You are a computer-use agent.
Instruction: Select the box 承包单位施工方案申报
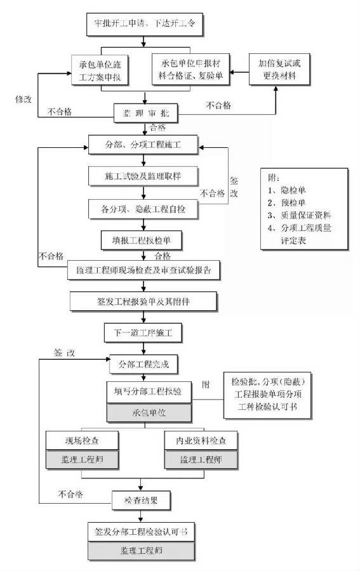pos(103,70)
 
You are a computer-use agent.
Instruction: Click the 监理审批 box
pos(144,112)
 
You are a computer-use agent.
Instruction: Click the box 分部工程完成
pos(144,365)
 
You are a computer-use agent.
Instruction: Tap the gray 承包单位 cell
pos(148,413)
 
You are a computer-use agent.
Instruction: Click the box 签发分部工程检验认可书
pos(142,531)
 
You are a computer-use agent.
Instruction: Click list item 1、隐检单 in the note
pos(289,190)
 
